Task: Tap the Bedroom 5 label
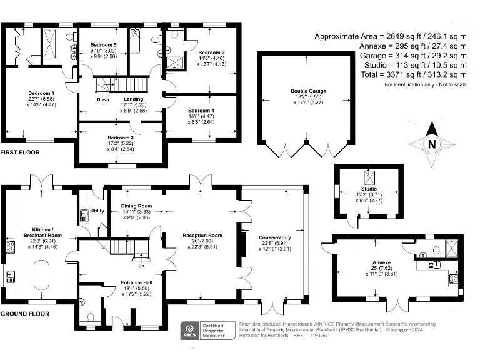(102, 46)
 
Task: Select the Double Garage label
(308, 91)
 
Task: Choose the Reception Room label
(198, 235)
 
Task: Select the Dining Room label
(136, 206)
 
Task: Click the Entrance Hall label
(136, 282)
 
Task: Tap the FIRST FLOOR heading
(20, 152)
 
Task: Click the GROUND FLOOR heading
(24, 313)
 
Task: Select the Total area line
(414, 75)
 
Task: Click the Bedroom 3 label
(120, 137)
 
